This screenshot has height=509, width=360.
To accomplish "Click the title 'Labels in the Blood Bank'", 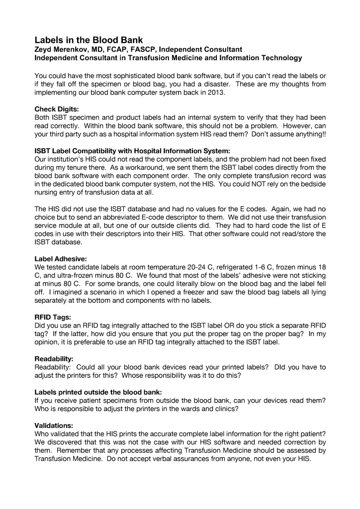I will (x=89, y=39).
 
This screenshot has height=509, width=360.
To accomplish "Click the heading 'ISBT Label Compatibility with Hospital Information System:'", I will (x=132, y=151).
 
